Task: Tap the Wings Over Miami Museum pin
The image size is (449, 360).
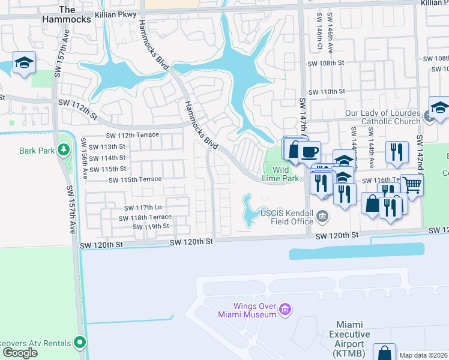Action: pyautogui.click(x=285, y=310)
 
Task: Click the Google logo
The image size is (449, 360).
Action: pyautogui.click(x=20, y=353)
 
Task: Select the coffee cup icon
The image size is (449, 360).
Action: pyautogui.click(x=310, y=152)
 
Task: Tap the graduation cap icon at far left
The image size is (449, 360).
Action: pyautogui.click(x=24, y=63)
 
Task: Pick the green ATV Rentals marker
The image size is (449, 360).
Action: pyautogui.click(x=79, y=343)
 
